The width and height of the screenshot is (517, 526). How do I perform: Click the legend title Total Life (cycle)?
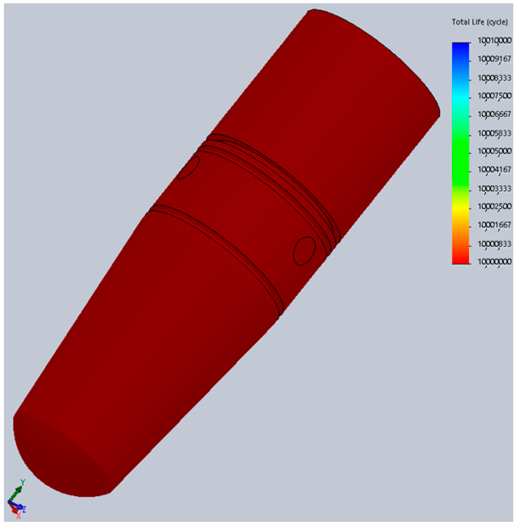480,22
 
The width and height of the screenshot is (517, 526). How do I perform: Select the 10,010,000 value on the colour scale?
494,41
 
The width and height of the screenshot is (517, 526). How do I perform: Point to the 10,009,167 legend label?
494,59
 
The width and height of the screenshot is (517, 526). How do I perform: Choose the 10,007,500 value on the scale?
494,96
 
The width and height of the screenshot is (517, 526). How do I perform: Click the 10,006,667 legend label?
494,114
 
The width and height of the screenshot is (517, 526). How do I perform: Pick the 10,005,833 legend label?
494,133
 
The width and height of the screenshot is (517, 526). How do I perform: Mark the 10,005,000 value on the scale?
494,151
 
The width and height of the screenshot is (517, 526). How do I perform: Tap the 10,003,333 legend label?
494,188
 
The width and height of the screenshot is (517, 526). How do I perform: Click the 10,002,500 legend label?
494,206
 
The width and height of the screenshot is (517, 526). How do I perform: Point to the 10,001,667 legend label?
494,225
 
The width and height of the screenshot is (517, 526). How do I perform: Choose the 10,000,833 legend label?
494,244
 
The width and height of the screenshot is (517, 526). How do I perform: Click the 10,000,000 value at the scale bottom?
494,262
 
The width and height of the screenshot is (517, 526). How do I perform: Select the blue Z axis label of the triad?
24,509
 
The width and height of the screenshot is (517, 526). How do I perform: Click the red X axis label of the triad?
18,515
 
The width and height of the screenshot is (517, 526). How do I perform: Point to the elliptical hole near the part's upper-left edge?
188,167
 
